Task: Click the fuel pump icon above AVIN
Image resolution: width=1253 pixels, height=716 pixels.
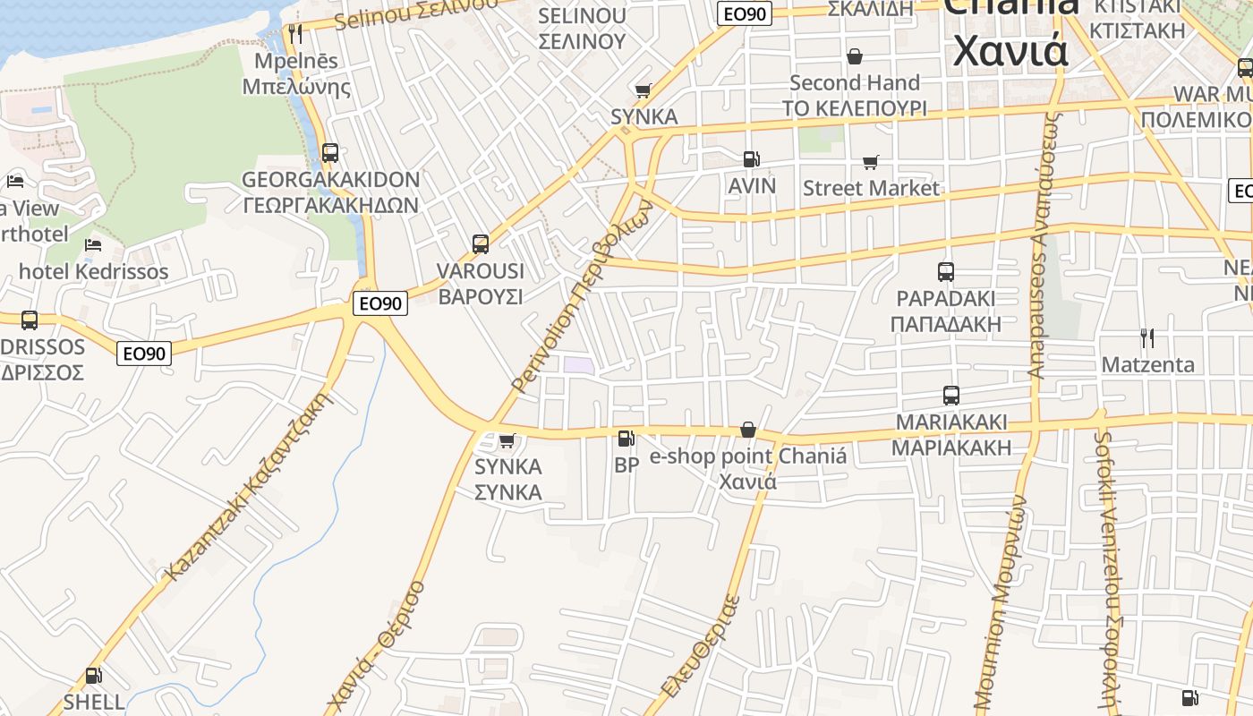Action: [x=751, y=159]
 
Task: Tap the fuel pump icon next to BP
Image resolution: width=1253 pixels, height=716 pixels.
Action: [x=626, y=439]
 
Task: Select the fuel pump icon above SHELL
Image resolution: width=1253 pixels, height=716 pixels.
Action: [x=93, y=676]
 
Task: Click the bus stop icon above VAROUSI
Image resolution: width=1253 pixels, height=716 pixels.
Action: [x=480, y=243]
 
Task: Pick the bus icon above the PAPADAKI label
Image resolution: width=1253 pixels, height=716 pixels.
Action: [x=945, y=272]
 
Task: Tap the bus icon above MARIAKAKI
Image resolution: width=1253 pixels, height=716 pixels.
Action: [x=950, y=395]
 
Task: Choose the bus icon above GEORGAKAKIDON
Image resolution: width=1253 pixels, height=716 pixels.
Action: [x=330, y=153]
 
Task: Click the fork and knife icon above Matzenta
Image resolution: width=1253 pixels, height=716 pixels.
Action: [x=1146, y=337]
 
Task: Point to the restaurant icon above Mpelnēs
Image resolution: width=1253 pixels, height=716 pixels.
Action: [x=294, y=34]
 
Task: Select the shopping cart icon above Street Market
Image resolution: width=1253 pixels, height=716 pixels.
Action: [x=870, y=162]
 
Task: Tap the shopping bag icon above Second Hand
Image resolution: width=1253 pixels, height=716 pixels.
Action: [x=855, y=56]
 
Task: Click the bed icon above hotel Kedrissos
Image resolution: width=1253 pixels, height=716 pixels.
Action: [x=92, y=244]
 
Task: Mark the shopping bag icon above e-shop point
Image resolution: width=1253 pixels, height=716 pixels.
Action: [x=747, y=430]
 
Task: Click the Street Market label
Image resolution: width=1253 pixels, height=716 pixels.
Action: [x=871, y=188]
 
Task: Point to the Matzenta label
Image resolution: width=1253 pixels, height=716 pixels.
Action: [x=1147, y=364]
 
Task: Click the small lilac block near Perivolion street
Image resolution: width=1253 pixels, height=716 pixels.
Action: [x=578, y=365]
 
